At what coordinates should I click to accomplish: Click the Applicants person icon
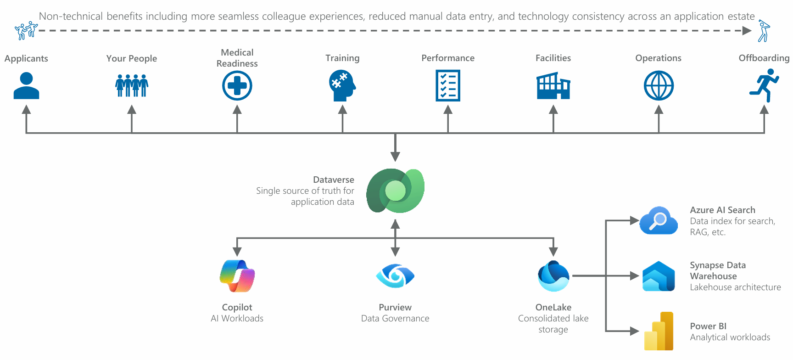26,86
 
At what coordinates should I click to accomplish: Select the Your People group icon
132,86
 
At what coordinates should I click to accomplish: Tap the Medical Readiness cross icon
237,86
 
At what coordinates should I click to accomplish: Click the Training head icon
342,86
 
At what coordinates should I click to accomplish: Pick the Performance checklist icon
448,86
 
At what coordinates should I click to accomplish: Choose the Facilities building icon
553,86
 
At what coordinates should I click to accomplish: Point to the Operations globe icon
659,86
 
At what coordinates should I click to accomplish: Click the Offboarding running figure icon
764,86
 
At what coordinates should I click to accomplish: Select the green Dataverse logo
396,191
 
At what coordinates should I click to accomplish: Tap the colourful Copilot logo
237,276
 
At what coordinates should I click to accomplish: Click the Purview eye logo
395,276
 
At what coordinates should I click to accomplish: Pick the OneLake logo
553,276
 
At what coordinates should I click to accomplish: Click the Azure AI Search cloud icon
659,221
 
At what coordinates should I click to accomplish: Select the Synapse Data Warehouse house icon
659,276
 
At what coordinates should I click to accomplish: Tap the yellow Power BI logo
659,332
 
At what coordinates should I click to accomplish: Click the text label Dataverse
334,180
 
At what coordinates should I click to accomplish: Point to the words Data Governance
395,318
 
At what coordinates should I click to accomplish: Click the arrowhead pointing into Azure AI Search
635,221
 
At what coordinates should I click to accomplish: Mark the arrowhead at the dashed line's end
747,31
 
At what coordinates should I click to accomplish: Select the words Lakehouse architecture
735,287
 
